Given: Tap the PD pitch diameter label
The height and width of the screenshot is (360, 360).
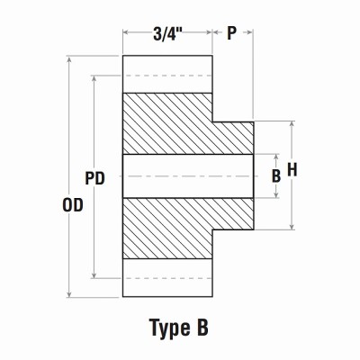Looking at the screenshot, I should (x=94, y=178).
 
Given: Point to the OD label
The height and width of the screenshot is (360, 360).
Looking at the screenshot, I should (x=71, y=204).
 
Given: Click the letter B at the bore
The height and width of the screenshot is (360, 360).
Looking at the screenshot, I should (x=276, y=176).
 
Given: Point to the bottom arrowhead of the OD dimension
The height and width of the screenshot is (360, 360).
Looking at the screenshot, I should (x=70, y=293).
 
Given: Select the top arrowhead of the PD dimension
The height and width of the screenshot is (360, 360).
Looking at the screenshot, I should (x=94, y=79).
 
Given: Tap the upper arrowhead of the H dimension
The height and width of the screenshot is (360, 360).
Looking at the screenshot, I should (x=292, y=125).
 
